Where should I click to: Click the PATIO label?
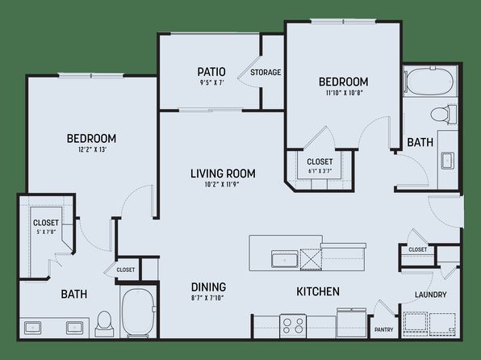pos(211,72)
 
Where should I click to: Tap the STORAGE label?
pos(266,73)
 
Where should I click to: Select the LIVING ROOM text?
pos(223,174)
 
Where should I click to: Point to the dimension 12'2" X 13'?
pos(91,150)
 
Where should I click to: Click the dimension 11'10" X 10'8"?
pos(344,93)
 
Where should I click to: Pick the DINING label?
pos(208,287)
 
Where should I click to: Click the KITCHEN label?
pos(318,291)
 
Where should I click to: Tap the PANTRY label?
pos(384,329)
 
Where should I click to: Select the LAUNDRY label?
pos(431,295)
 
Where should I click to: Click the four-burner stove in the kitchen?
pos(293,326)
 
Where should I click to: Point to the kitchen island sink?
pos(284,259)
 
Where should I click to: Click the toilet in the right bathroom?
pos(444,115)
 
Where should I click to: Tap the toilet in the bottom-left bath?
pos(103,324)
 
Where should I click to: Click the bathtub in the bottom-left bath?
pos(138,312)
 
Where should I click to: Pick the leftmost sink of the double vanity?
pos(32,328)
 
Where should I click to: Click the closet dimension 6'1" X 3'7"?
pos(320,171)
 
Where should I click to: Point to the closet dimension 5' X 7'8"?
pos(46,232)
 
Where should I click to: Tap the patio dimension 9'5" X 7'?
pos(212,82)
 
